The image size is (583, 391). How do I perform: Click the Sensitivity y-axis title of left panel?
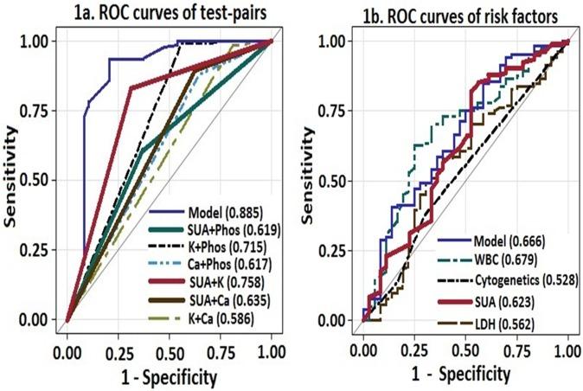coord(11,179)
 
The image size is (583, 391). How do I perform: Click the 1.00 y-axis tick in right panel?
coord(332,41)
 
